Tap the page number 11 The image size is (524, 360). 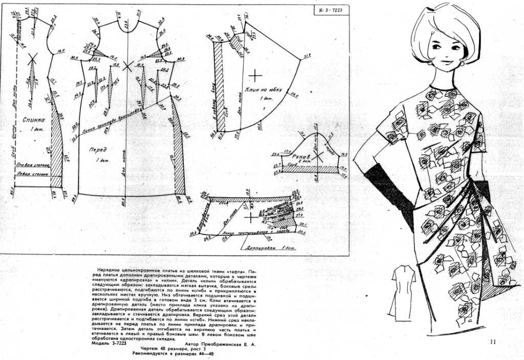click(x=493, y=342)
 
